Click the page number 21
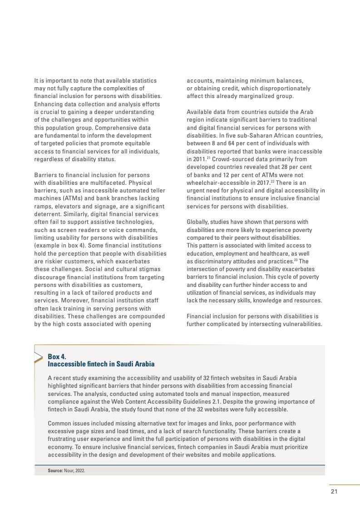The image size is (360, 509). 334,492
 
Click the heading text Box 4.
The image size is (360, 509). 57,356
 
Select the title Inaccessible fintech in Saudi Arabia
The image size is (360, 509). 101,364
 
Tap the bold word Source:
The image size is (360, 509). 55,470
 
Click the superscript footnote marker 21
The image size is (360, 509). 208,158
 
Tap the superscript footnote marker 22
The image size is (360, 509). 272,181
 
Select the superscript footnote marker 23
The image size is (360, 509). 295,260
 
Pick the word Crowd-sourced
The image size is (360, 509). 230,159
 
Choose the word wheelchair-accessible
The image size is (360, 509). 217,183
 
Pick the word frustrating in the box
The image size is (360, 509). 64,439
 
